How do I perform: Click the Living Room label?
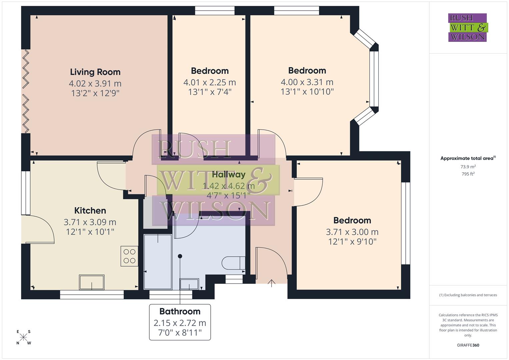click(95, 72)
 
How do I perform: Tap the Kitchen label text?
click(90, 211)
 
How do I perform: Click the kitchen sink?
click(92, 282)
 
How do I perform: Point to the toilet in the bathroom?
click(234, 263)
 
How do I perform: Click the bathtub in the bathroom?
click(158, 262)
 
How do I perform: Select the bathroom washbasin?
click(189, 285)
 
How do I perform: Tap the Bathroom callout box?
click(180, 322)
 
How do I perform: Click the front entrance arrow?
click(272, 283)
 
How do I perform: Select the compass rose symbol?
click(24, 337)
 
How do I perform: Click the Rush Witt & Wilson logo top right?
click(467, 28)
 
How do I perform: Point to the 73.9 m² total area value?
click(468, 167)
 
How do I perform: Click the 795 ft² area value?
click(468, 174)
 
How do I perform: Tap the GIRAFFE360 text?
click(468, 345)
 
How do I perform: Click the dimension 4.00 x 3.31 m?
click(307, 82)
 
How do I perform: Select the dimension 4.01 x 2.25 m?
click(210, 82)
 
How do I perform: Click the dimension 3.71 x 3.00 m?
click(352, 232)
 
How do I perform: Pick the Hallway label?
click(229, 174)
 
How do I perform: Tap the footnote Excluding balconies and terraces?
click(468, 295)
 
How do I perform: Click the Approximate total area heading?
click(468, 158)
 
